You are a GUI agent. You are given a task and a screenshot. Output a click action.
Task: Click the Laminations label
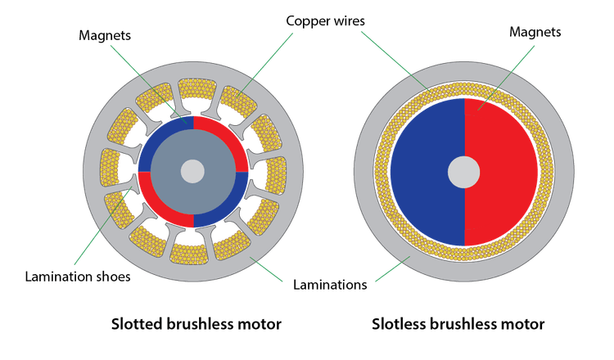(329, 286)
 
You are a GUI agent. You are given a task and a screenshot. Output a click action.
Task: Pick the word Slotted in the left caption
(138, 325)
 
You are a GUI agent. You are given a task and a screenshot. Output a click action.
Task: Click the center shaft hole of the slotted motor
(192, 171)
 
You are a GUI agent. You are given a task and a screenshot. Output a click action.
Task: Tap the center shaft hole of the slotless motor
(464, 172)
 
